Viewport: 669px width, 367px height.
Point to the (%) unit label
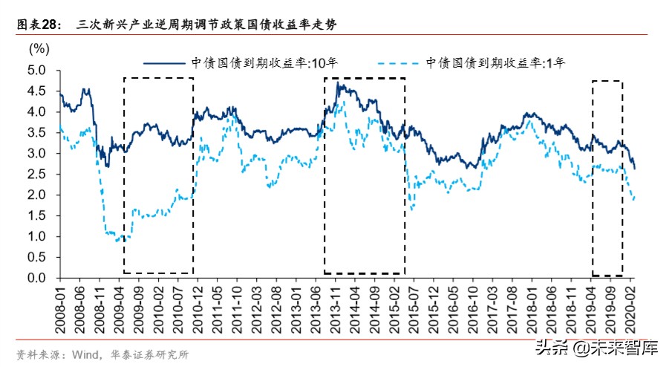39,49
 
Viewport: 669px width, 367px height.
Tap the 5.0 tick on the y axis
37,70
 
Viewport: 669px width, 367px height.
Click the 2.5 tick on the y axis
37,174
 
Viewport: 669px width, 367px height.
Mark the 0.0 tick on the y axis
37,278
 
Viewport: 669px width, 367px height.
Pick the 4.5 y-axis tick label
37,91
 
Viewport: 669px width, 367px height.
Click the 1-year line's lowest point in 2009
118,241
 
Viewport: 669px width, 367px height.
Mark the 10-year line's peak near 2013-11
339,84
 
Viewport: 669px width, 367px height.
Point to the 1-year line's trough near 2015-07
411,210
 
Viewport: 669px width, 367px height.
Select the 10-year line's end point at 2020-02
635,169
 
